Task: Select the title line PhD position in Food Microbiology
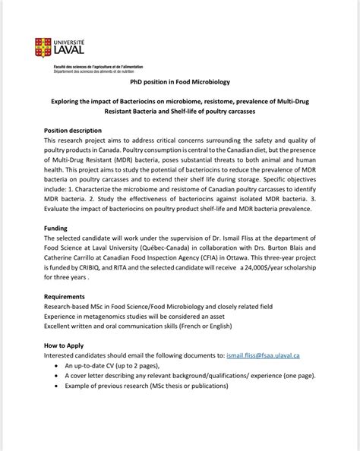tap(180, 81)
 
